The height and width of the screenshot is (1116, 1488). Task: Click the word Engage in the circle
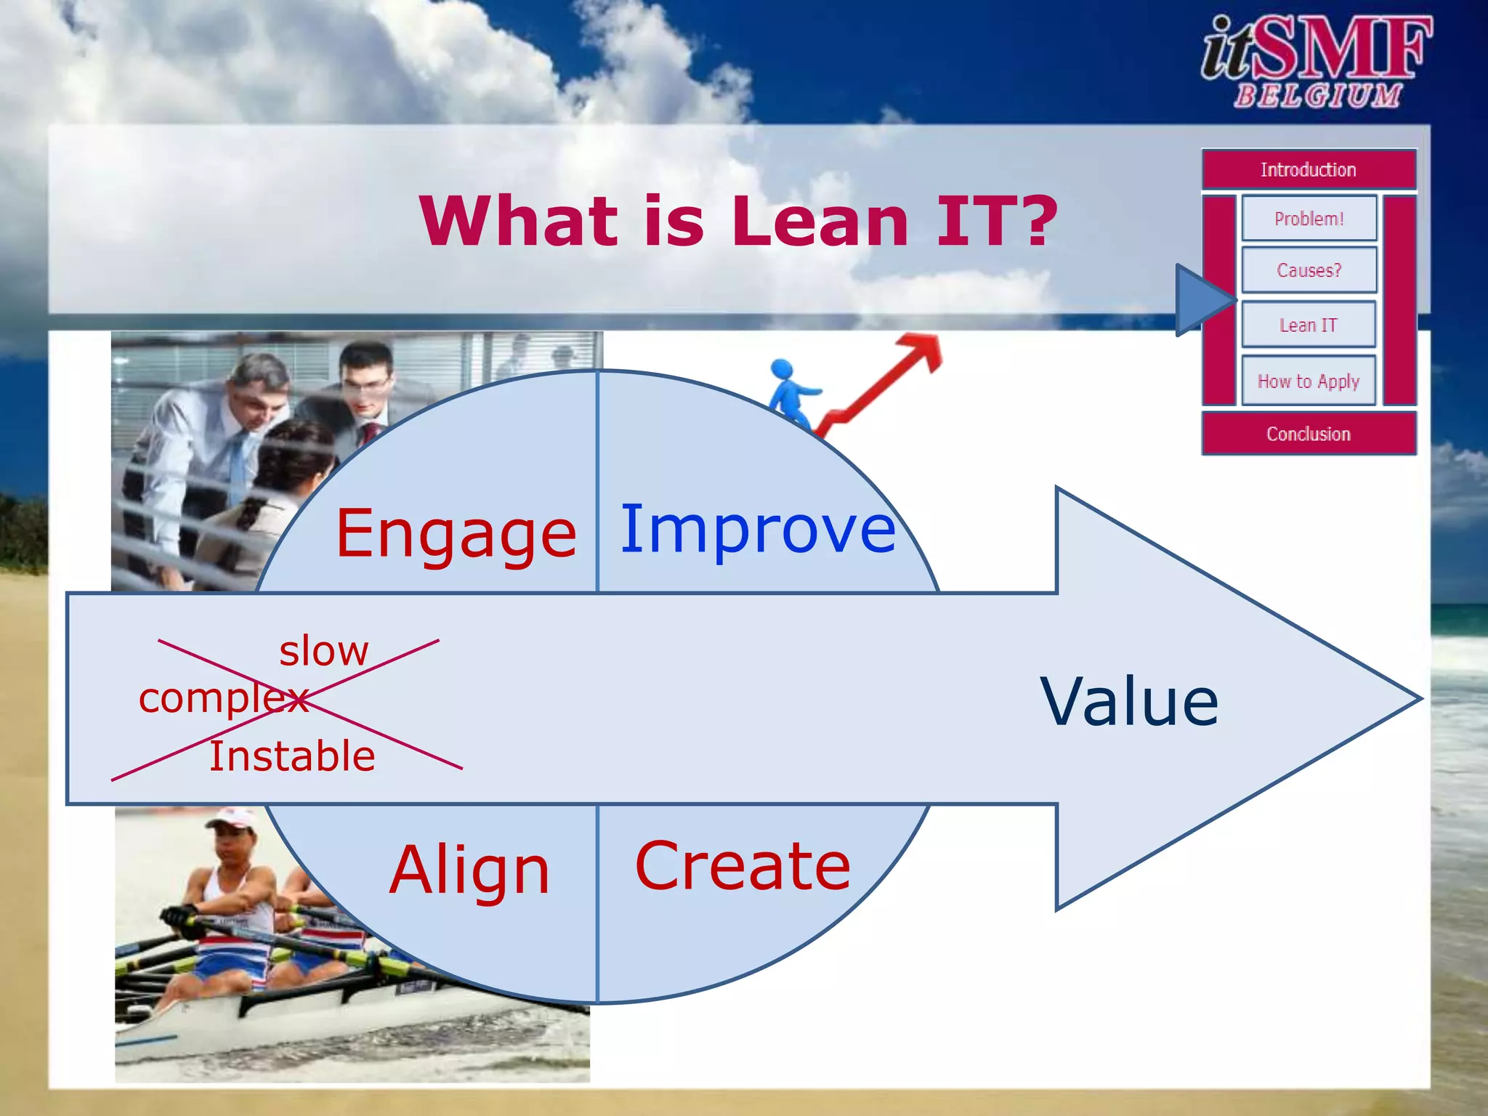coord(456,535)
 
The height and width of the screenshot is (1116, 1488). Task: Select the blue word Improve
coord(758,530)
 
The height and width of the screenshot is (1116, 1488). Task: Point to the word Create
coord(742,866)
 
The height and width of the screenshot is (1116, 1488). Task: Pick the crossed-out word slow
coord(324,651)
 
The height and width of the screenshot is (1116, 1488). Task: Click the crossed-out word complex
coord(223,699)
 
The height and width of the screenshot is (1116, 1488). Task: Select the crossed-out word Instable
coord(292,756)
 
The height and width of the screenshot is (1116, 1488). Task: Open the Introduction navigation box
coord(1308,170)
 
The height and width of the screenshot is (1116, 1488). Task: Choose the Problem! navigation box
coord(1309,218)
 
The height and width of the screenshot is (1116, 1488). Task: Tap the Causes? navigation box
coord(1309,270)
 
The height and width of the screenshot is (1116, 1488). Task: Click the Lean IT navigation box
coord(1308,325)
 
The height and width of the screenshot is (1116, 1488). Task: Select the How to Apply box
coord(1308,381)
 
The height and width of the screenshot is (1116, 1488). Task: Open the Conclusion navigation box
coord(1308,434)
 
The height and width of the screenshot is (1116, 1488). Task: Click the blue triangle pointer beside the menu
coord(1199,300)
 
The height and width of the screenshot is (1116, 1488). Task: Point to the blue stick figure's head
coord(781,368)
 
